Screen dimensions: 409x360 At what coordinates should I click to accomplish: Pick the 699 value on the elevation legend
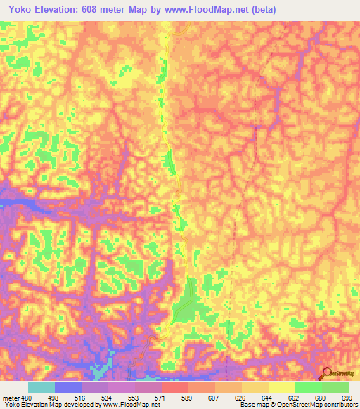click(x=347, y=397)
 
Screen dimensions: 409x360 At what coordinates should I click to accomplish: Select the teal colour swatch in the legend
click(x=41, y=387)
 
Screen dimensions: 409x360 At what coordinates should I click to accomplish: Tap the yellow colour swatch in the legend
click(x=282, y=387)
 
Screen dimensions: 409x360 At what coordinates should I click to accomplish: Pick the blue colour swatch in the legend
click(x=68, y=387)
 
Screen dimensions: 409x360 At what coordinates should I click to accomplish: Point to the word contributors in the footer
click(x=340, y=405)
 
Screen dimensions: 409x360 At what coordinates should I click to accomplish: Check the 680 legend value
click(x=321, y=397)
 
